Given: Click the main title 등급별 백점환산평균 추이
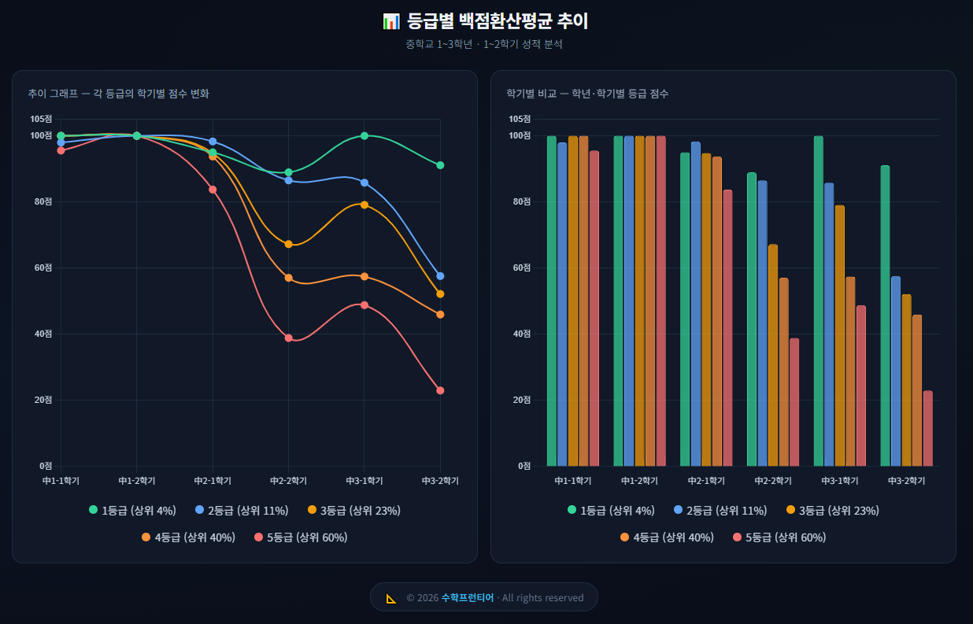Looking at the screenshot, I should click(x=497, y=21).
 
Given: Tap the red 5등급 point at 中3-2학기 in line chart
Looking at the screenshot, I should click(x=440, y=390).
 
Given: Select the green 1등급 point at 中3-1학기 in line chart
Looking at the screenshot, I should click(x=364, y=135).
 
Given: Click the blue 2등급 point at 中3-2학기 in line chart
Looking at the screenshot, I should click(x=440, y=276).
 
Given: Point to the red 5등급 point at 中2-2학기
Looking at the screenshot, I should click(x=288, y=338).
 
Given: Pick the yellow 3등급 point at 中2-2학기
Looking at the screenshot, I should click(x=288, y=244).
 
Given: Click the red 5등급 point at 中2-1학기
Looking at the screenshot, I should click(x=213, y=189).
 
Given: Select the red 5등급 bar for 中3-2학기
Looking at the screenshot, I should click(x=927, y=428).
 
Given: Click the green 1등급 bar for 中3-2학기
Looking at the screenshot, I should click(x=885, y=316).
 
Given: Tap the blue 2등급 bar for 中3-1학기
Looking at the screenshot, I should click(x=829, y=324).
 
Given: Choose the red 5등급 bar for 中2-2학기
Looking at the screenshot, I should click(x=794, y=402).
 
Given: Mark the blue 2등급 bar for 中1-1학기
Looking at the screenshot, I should click(x=562, y=304).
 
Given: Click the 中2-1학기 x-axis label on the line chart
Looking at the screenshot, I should click(x=213, y=480).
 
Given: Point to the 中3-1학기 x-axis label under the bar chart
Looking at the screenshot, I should click(x=839, y=480).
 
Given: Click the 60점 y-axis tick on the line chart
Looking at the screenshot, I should click(x=43, y=268).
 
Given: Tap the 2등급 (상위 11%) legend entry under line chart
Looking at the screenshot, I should click(x=241, y=511).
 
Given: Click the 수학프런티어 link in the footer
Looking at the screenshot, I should click(x=468, y=597).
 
